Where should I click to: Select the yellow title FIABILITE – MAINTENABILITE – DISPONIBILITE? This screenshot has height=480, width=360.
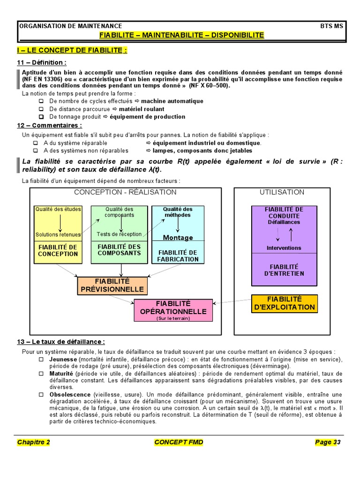click(182, 35)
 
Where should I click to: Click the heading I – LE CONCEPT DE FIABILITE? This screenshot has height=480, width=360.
click(72, 50)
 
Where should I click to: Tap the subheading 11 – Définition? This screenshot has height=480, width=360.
click(42, 62)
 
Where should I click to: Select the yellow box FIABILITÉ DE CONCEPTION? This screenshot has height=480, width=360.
click(58, 250)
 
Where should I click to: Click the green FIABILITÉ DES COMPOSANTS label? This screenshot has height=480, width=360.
click(119, 249)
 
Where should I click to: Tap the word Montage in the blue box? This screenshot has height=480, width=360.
click(178, 238)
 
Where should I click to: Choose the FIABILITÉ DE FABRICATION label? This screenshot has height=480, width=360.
click(178, 255)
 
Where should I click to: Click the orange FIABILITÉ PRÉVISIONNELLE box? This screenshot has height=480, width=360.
click(112, 285)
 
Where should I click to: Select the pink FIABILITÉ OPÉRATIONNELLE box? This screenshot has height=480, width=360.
click(173, 307)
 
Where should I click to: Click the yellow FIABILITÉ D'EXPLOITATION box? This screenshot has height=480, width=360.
click(285, 303)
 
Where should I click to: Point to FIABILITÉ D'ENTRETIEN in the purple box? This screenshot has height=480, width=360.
click(285, 270)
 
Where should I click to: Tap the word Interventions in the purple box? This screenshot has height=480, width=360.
click(284, 248)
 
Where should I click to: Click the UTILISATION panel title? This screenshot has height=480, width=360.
click(282, 192)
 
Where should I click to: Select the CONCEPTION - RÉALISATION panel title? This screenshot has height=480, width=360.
click(125, 192)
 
